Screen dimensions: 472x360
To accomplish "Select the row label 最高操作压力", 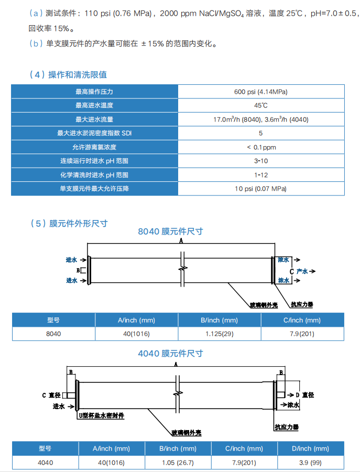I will pos(94,92).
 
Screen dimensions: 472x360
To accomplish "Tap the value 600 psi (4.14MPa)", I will pos(260,92).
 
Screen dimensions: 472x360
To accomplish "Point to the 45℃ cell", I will pos(260,105).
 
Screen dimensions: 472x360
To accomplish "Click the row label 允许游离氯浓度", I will pos(94,147).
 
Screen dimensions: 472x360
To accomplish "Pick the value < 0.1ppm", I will pos(260,147).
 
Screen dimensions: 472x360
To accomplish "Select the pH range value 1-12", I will pos(260,175).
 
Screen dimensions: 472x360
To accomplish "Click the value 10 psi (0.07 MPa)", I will pos(260,189).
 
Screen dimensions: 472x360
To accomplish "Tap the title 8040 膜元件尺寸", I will pos(170,231).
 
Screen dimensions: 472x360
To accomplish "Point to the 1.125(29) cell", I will pos(220,334).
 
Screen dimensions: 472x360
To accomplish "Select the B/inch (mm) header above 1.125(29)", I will pos(220,320).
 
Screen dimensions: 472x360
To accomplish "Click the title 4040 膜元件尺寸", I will pos(170,354).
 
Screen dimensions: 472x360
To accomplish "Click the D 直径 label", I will pos(304,394).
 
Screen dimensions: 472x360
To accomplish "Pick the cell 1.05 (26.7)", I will pos(178,463).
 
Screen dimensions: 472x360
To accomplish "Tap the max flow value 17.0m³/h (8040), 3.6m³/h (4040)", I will pos(260,119).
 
